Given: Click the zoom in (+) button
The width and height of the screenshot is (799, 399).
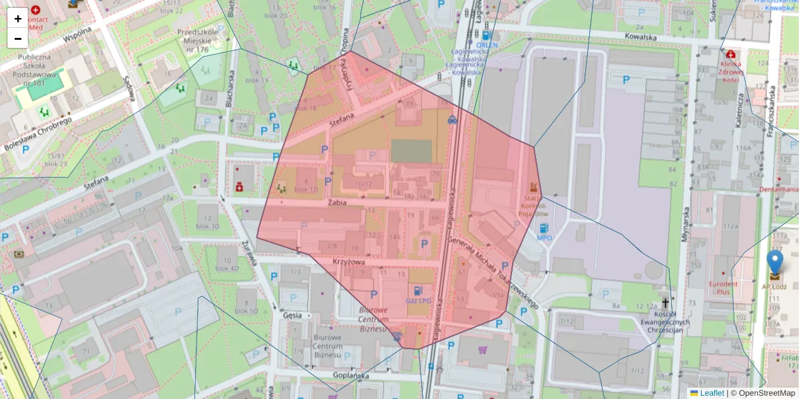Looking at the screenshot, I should (18, 19).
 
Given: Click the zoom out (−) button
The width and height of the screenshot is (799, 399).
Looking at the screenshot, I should (18, 39).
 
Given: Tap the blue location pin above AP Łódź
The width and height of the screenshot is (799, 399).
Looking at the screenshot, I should (775, 263).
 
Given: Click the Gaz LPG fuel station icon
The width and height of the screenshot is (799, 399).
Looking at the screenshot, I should (417, 291).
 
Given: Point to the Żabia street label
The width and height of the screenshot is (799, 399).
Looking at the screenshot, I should (338, 203).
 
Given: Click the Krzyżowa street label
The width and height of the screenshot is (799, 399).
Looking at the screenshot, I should (349, 262).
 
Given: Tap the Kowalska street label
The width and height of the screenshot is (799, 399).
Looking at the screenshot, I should (641, 37).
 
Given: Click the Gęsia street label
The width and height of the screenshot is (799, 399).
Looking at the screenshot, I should (292, 315).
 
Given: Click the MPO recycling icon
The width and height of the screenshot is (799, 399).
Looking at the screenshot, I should (544, 228).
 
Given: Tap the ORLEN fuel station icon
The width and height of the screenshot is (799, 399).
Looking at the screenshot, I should (487, 36).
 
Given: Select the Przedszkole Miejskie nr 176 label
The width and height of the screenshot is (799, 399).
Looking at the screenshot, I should (198, 40).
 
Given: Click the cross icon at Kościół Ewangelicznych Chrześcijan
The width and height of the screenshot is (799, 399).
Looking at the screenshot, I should (665, 303).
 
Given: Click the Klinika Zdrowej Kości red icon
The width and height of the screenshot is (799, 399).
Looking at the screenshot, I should (731, 54).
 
